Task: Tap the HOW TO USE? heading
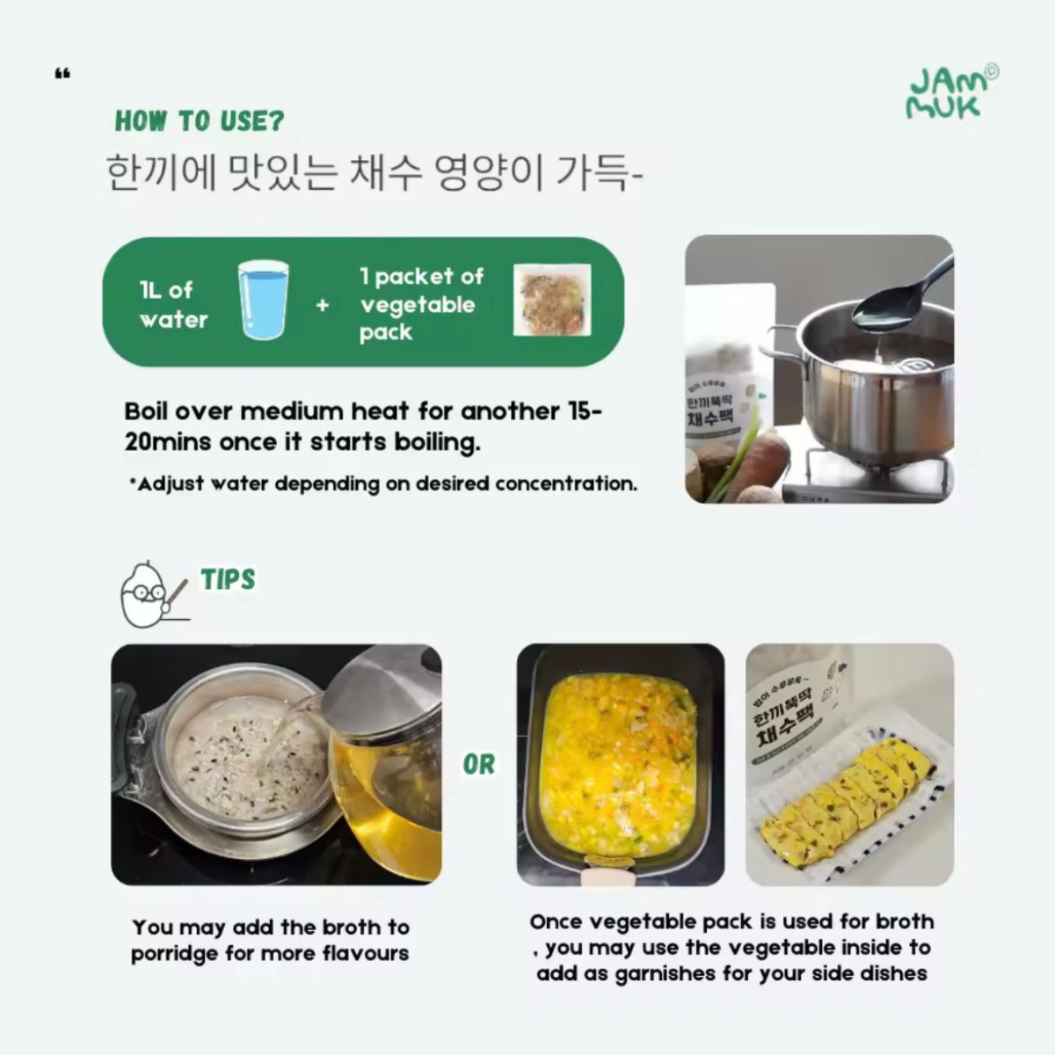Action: [200, 121]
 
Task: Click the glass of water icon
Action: [263, 300]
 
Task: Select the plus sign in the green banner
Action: [323, 305]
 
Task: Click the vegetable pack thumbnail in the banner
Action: [552, 300]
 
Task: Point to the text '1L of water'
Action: [173, 304]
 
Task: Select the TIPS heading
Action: [228, 579]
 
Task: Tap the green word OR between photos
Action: [479, 765]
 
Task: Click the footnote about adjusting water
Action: [382, 484]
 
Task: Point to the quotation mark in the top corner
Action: [62, 75]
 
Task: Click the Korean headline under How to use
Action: [374, 172]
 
